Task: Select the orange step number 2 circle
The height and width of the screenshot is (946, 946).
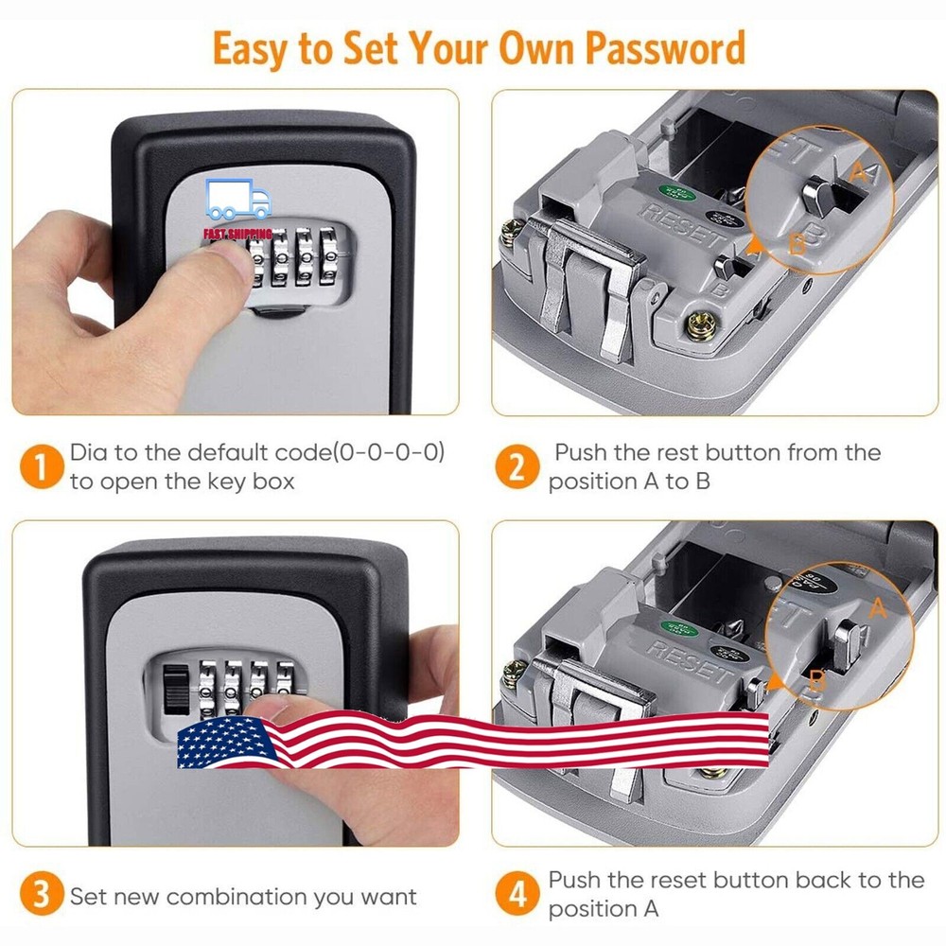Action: [x=517, y=467]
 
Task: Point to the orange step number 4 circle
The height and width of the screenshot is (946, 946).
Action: [x=517, y=895]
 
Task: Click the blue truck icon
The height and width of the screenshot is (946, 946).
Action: [x=237, y=201]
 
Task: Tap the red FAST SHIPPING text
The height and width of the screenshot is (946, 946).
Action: [x=237, y=233]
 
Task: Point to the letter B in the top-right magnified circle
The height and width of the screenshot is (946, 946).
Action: [x=797, y=243]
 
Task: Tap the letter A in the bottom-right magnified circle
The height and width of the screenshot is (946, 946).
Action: [x=878, y=608]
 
